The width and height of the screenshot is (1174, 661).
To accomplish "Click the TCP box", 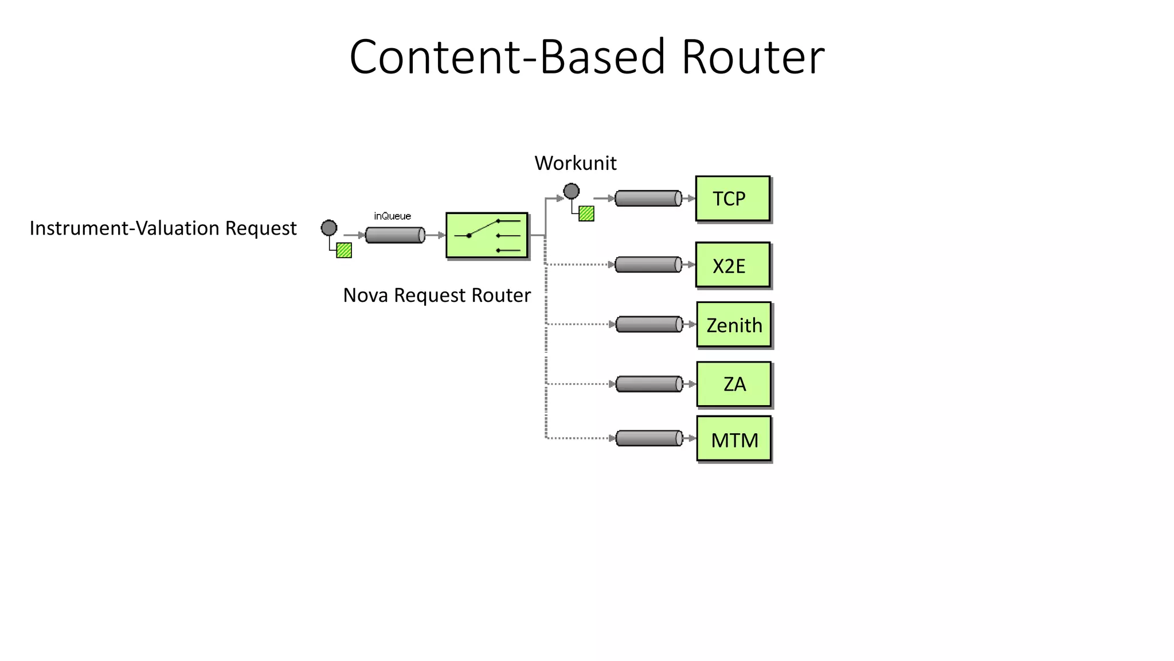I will pyautogui.click(x=732, y=199).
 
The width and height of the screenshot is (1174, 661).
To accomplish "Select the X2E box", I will pyautogui.click(x=732, y=265).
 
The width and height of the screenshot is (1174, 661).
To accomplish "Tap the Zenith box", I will pyautogui.click(x=734, y=325).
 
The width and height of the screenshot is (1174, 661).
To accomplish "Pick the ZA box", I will pyautogui.click(x=734, y=384).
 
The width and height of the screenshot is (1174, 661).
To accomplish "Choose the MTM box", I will pyautogui.click(x=734, y=439).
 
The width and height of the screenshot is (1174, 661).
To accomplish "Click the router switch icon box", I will pyautogui.click(x=487, y=235).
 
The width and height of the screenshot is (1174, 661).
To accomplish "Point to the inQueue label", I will pyautogui.click(x=392, y=216).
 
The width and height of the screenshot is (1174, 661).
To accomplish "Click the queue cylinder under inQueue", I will pyautogui.click(x=395, y=235).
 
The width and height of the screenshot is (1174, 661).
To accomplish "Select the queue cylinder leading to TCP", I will pyautogui.click(x=648, y=199).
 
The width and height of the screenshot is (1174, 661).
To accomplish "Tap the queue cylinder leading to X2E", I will pyautogui.click(x=648, y=265).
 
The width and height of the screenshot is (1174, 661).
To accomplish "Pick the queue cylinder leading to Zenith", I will pyautogui.click(x=649, y=324).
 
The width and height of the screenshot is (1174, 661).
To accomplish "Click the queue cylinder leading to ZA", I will pyautogui.click(x=649, y=384).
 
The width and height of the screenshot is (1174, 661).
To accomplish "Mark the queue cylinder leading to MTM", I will pyautogui.click(x=649, y=438).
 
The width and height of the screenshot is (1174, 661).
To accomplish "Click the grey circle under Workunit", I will pyautogui.click(x=571, y=191).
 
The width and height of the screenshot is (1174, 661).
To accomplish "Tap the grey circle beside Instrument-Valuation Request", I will pyautogui.click(x=329, y=228).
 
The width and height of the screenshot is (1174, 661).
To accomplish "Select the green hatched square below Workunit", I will pyautogui.click(x=586, y=213).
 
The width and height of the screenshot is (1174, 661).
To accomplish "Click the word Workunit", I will pyautogui.click(x=575, y=164).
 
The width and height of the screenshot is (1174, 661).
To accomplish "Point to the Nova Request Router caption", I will pyautogui.click(x=437, y=295).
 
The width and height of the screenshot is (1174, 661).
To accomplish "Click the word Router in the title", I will pyautogui.click(x=753, y=57).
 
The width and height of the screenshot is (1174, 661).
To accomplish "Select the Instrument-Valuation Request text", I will pyautogui.click(x=163, y=228).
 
